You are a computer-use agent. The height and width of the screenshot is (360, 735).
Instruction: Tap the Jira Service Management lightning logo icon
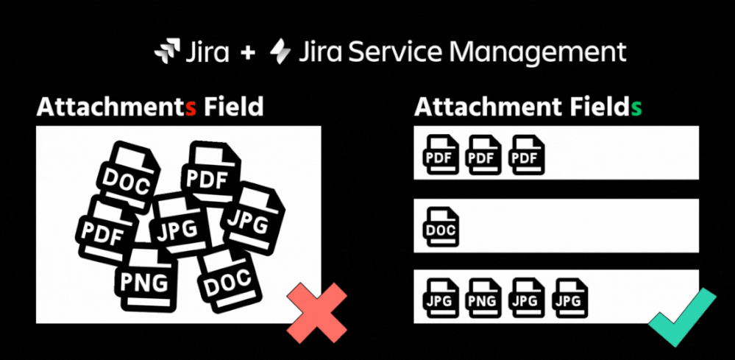point(281,52)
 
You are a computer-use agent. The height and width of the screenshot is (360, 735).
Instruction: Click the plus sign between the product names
point(247,53)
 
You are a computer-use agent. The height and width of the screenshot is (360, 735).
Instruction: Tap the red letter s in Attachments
point(191,107)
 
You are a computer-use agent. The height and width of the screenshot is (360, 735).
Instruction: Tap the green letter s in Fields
point(636,107)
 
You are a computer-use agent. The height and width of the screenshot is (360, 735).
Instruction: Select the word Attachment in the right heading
point(484,107)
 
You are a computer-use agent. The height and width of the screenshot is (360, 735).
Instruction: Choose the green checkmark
point(681,317)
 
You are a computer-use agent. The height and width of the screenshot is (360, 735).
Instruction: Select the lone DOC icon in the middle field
point(441,227)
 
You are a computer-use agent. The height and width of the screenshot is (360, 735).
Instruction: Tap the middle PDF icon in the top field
point(483,155)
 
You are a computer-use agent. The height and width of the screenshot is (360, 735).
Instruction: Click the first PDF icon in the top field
point(441,155)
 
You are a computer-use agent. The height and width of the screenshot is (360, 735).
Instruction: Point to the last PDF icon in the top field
point(526,155)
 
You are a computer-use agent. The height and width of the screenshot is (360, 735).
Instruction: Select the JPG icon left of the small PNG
point(441,297)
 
